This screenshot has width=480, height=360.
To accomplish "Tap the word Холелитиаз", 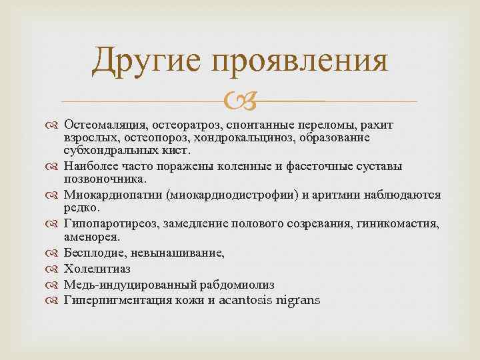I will click(x=97, y=269).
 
